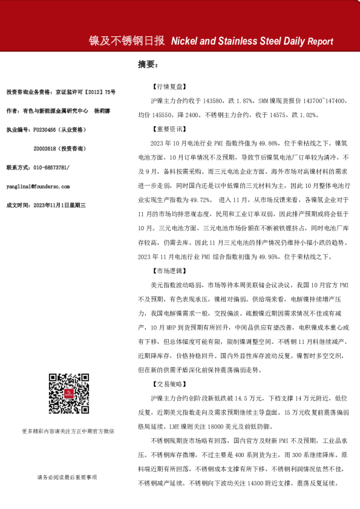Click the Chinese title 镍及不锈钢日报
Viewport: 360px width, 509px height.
coord(126,41)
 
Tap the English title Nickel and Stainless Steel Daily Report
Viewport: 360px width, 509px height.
coord(252,42)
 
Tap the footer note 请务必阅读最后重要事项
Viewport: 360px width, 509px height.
coord(67,478)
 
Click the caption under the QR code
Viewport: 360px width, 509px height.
coord(67,432)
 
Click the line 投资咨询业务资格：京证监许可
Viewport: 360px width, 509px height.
coord(61,92)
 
